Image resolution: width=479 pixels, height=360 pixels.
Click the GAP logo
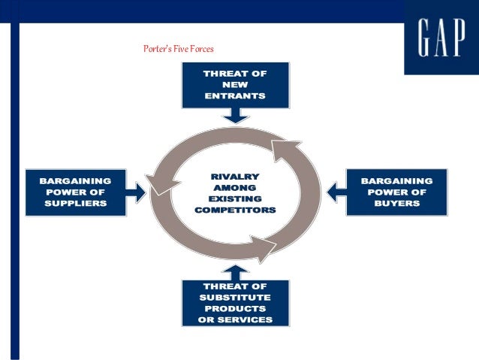(441, 38)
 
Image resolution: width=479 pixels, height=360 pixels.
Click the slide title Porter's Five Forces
(179, 49)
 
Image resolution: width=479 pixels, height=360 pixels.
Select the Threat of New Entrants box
(235, 85)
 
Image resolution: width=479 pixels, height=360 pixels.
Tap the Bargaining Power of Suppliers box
(75, 192)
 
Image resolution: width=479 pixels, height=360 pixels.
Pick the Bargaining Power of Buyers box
(396, 192)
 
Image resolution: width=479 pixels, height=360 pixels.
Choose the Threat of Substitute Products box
(235, 302)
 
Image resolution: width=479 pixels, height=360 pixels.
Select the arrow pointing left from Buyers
(336, 192)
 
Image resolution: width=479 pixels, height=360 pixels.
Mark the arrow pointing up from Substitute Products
(235, 271)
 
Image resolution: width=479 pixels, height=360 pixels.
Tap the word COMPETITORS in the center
(235, 210)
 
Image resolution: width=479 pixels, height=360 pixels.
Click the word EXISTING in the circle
(235, 198)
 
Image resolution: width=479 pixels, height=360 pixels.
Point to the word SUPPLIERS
(75, 203)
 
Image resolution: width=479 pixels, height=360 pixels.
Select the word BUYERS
(396, 203)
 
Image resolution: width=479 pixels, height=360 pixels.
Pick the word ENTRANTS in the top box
(235, 97)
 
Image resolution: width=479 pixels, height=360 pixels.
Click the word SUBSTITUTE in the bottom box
(235, 297)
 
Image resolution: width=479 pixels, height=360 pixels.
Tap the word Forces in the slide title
(201, 49)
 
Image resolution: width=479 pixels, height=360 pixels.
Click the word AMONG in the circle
(235, 187)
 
